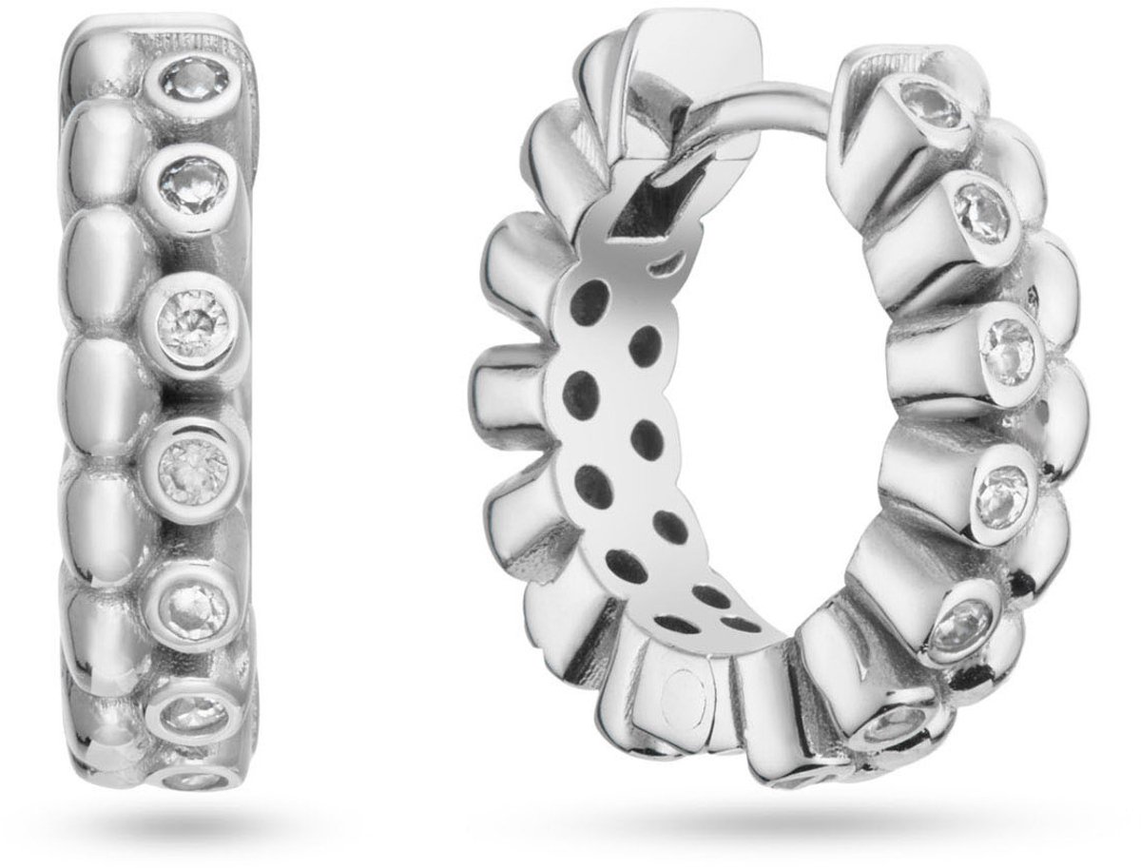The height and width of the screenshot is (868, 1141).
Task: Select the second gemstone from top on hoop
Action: pos(980,207)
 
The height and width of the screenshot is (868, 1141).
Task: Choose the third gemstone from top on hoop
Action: pos(1009,349)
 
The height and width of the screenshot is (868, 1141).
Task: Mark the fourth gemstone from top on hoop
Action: pos(999,489)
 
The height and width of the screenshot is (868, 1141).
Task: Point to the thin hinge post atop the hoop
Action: pos(780,95)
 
